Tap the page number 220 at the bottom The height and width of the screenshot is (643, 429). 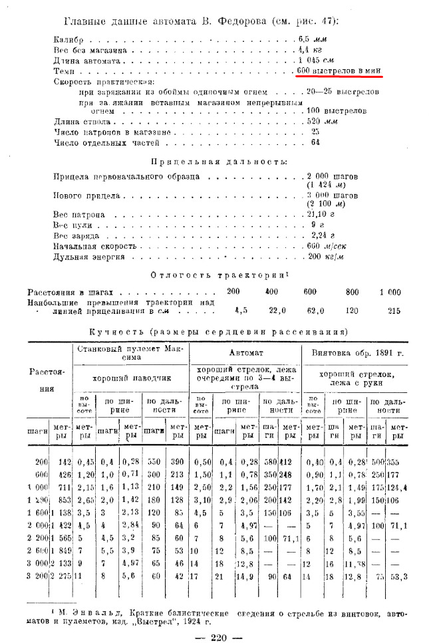[219, 637]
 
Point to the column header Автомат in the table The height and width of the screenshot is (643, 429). [246, 352]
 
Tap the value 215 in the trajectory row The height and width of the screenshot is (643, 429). [394, 310]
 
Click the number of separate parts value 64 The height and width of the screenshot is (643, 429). [315, 142]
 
